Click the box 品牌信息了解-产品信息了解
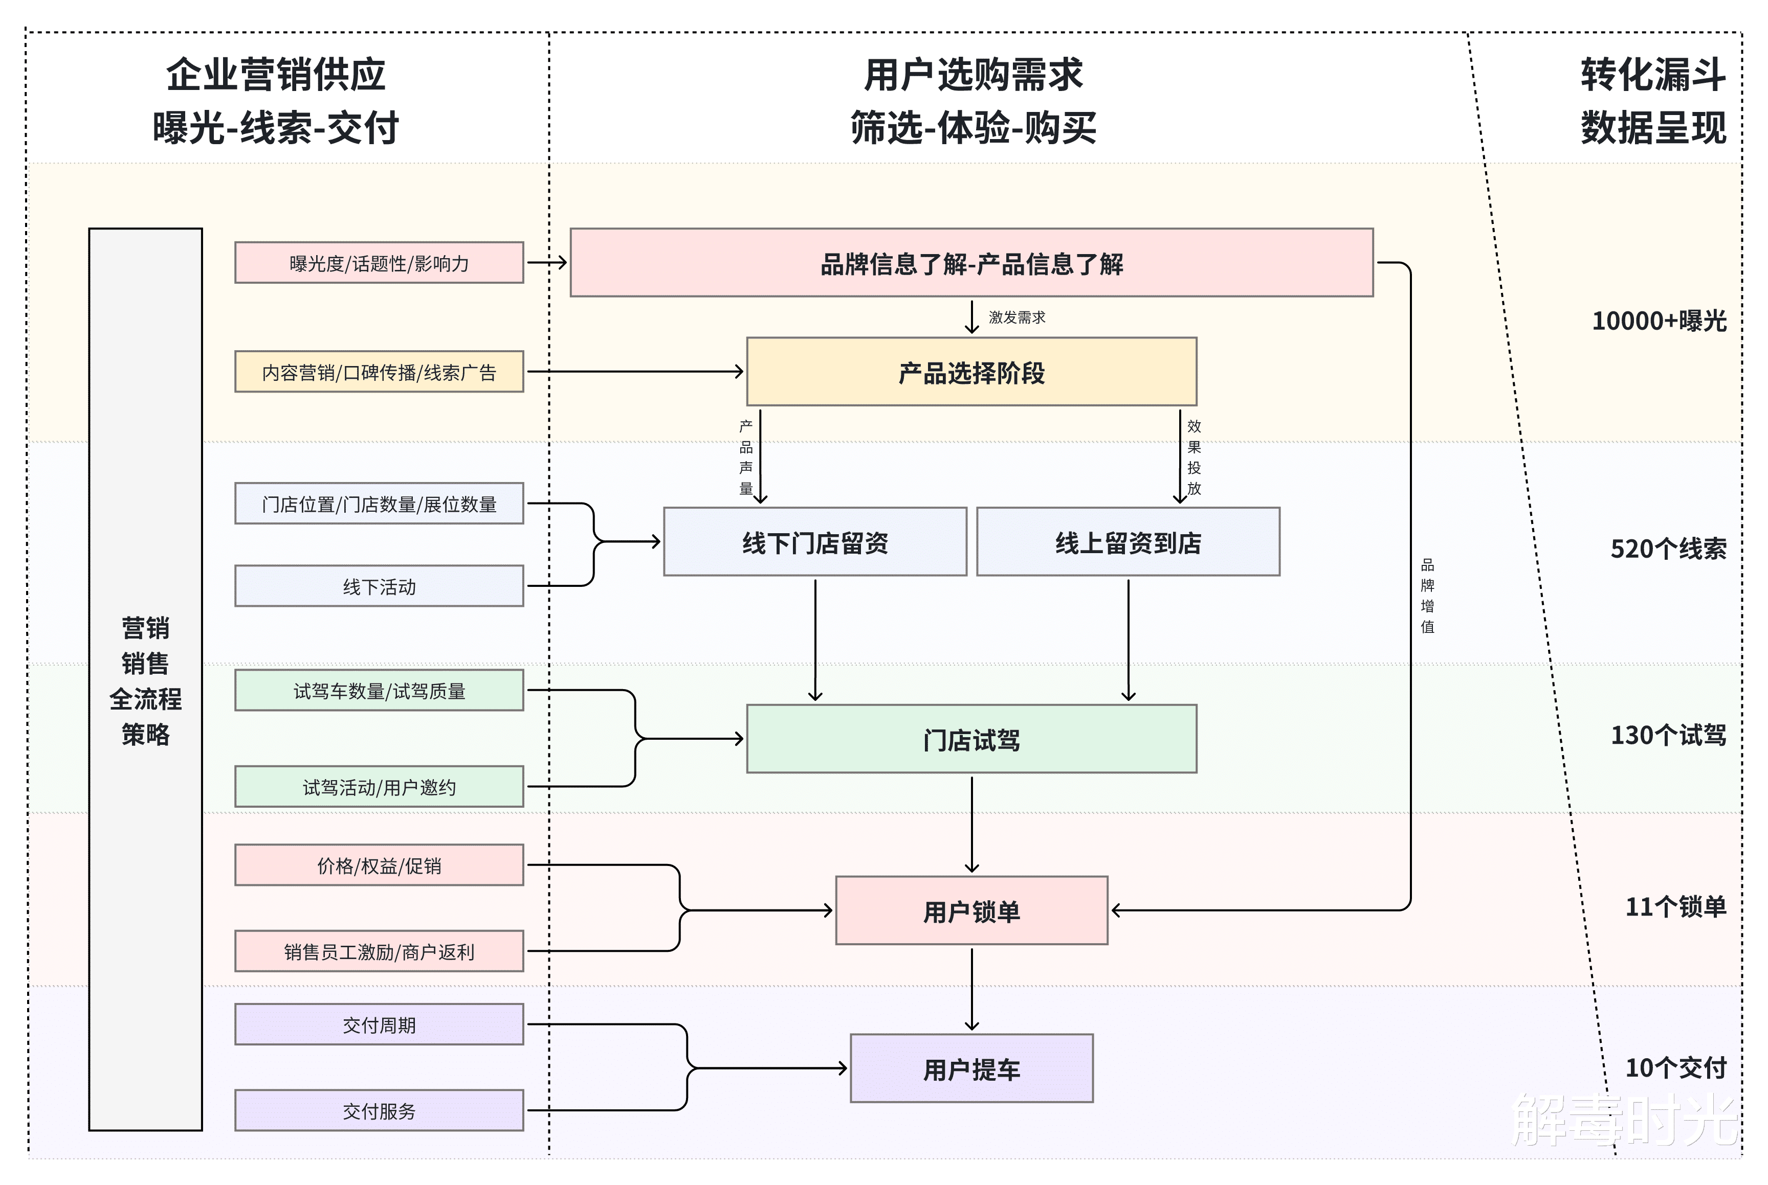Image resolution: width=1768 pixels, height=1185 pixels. [x=971, y=263]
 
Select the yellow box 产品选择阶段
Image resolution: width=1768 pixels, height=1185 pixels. [x=971, y=372]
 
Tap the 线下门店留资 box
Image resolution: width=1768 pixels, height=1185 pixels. [x=814, y=542]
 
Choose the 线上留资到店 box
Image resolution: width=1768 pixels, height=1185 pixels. [x=1128, y=542]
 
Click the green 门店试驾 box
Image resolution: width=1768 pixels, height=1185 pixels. [x=971, y=739]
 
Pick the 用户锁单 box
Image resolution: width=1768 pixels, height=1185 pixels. [x=971, y=910]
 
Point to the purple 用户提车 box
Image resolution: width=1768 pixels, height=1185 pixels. [x=971, y=1068]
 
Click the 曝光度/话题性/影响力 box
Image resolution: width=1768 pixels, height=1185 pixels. [x=379, y=263]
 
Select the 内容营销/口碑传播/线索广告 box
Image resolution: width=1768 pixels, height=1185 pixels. [x=379, y=372]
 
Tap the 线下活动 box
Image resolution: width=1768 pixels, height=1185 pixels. [x=379, y=586]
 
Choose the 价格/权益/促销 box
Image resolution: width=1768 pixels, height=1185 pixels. [x=379, y=865]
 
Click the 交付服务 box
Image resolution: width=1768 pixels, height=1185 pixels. [x=379, y=1111]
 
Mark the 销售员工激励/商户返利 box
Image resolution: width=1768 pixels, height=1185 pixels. [x=379, y=951]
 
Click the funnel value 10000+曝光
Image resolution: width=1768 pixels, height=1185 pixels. [x=1659, y=321]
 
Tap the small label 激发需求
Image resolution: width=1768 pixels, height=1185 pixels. [x=1016, y=317]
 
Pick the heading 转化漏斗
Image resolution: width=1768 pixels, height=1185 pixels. [x=1652, y=75]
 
